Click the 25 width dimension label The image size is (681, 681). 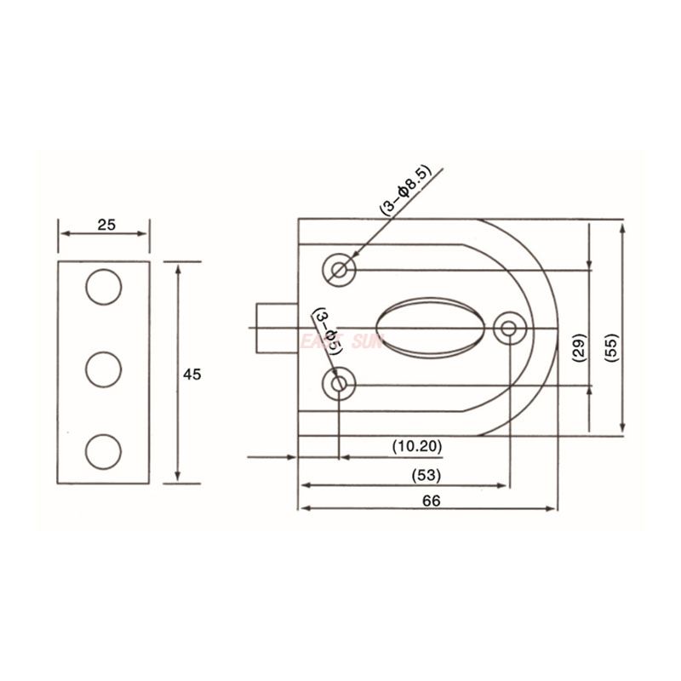pyautogui.click(x=106, y=225)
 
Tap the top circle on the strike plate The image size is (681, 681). pyautogui.click(x=104, y=288)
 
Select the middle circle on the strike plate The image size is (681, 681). pyautogui.click(x=104, y=368)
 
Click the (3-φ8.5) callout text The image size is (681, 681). pyautogui.click(x=404, y=192)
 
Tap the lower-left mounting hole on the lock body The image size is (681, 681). pyautogui.click(x=340, y=385)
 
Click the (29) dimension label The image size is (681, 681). pyautogui.click(x=578, y=346)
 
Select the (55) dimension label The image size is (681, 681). pyautogui.click(x=610, y=346)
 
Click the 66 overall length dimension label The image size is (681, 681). pyautogui.click(x=430, y=501)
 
